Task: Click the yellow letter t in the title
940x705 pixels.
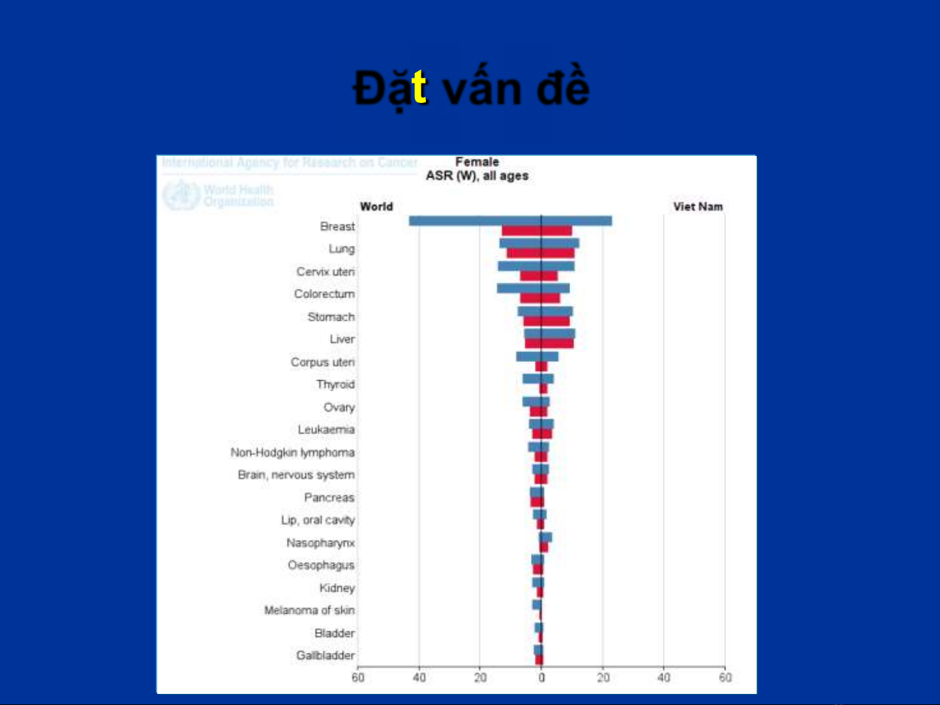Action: point(419,87)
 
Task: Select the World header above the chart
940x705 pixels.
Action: point(376,207)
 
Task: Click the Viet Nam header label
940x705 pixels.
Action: point(698,207)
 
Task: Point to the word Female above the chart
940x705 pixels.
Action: point(477,162)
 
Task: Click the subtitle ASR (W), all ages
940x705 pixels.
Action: point(477,176)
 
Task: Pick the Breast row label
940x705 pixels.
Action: point(337,226)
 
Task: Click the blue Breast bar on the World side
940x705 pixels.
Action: point(475,220)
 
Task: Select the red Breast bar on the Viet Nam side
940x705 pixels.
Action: point(556,230)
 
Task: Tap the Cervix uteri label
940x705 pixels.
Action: point(326,271)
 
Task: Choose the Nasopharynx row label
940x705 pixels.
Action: point(320,543)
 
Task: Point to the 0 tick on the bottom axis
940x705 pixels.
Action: point(541,678)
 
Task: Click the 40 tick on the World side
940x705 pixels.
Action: point(419,678)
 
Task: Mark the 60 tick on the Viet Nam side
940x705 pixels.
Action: point(725,678)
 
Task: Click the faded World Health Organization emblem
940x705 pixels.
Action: point(180,195)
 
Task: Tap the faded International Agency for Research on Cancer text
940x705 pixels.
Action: point(290,162)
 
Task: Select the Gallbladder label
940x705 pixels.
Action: point(326,655)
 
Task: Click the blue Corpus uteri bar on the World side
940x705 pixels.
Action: point(528,357)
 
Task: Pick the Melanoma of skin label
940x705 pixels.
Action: point(309,610)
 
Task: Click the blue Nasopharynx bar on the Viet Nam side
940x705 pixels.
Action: point(547,537)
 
